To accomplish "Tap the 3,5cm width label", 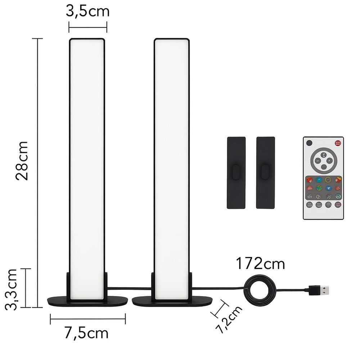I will (x=87, y=11).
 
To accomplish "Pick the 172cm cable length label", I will (x=260, y=264).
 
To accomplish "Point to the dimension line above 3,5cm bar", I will (x=88, y=26).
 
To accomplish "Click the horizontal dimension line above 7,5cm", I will (x=88, y=317).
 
